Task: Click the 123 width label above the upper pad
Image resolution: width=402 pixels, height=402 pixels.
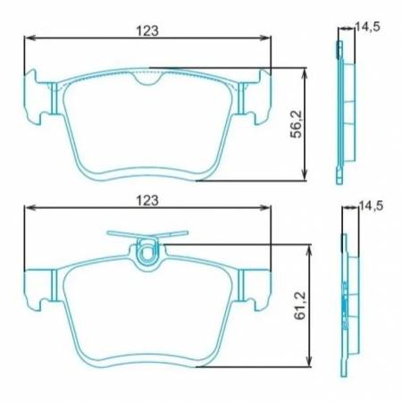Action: pyautogui.click(x=147, y=29)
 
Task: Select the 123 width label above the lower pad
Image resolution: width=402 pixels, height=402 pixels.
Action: pyautogui.click(x=147, y=202)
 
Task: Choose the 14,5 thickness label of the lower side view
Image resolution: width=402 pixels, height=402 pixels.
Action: pyautogui.click(x=368, y=206)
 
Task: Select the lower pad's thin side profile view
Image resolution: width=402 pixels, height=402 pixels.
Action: pyautogui.click(x=344, y=295)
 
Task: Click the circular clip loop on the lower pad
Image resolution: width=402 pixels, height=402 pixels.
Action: pyautogui.click(x=149, y=255)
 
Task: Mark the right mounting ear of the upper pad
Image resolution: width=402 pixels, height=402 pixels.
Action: pyautogui.click(x=258, y=96)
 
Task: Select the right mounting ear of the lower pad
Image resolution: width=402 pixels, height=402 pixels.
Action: pyautogui.click(x=258, y=284)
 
